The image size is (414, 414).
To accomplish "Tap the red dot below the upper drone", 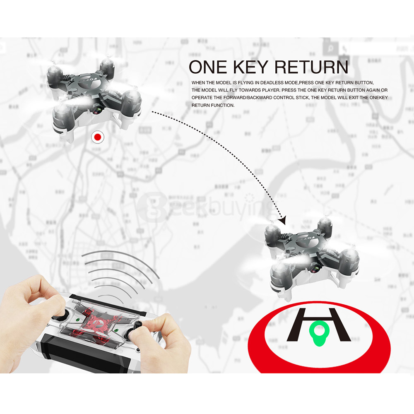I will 98,137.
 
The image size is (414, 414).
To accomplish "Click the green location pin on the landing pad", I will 318,333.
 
